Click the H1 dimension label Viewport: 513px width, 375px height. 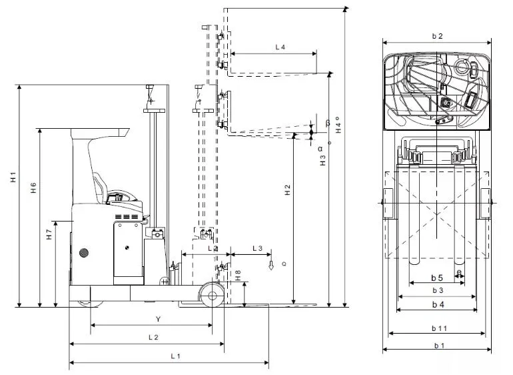tap(13, 179)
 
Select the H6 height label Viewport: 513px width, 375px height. tap(33, 189)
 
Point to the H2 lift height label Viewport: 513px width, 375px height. tap(287, 190)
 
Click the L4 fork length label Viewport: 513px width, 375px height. tap(280, 47)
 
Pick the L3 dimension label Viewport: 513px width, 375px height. tap(258, 248)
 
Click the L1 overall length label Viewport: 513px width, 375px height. tap(175, 356)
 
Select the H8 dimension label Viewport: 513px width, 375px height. tap(238, 274)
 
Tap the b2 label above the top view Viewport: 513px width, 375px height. tap(437, 36)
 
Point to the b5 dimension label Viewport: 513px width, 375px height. tap(436, 277)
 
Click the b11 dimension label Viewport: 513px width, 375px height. tap(438, 328)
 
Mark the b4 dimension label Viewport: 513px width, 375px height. tap(437, 305)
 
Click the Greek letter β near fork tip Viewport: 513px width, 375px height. tap(327, 123)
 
